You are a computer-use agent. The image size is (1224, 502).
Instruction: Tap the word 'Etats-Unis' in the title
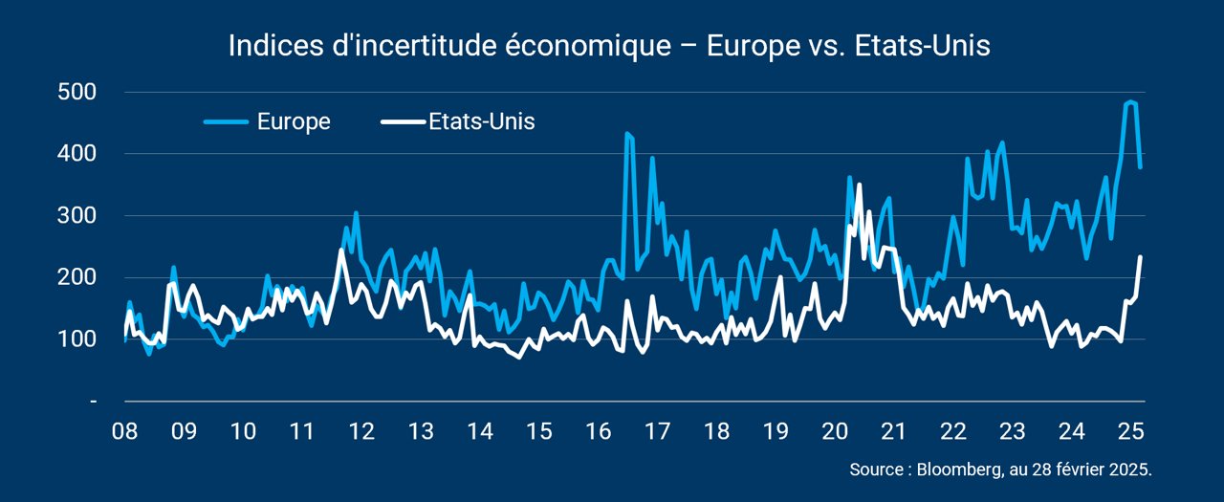(923, 45)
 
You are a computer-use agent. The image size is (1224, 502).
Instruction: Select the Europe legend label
(294, 121)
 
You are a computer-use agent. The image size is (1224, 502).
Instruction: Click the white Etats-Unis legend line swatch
(404, 121)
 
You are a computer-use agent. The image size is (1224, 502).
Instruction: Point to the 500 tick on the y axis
(76, 92)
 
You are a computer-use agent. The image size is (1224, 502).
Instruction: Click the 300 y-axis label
(76, 215)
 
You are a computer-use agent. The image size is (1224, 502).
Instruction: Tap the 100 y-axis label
(76, 339)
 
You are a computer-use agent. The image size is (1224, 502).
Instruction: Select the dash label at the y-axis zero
(94, 402)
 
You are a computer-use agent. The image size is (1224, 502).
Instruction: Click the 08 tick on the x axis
(124, 431)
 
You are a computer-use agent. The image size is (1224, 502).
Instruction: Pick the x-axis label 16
(599, 431)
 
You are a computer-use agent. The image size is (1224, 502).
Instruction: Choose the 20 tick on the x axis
(835, 431)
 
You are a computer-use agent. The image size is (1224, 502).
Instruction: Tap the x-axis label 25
(1131, 431)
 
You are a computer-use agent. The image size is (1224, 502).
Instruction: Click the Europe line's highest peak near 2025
(1130, 102)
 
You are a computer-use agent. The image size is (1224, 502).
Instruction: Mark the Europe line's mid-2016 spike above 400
(626, 133)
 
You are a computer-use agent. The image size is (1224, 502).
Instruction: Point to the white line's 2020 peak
(859, 185)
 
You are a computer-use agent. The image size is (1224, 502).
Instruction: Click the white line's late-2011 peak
(341, 251)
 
